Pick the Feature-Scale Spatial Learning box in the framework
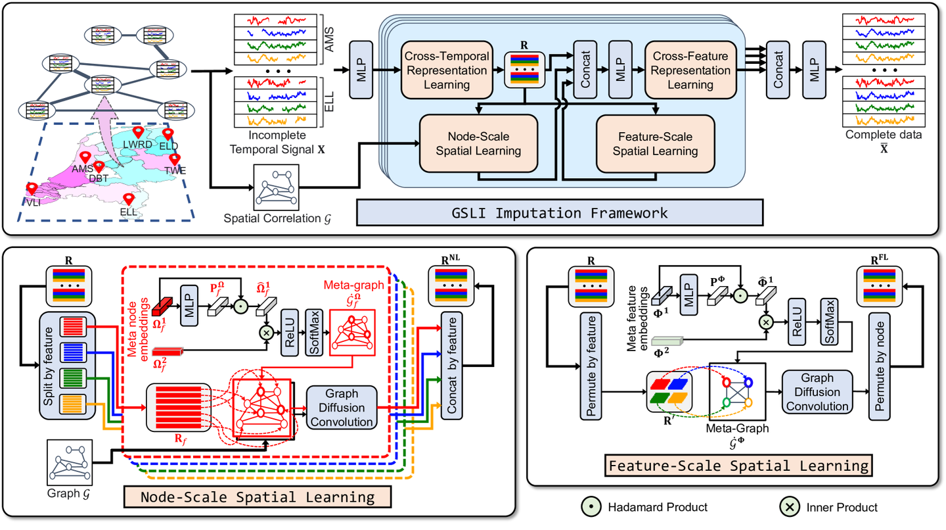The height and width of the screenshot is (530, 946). (x=655, y=144)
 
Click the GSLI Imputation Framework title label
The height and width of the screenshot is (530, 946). (x=559, y=212)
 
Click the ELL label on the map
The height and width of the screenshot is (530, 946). (x=129, y=212)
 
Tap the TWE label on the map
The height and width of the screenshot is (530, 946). (x=175, y=170)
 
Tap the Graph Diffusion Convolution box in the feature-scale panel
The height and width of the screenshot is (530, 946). (x=817, y=392)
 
